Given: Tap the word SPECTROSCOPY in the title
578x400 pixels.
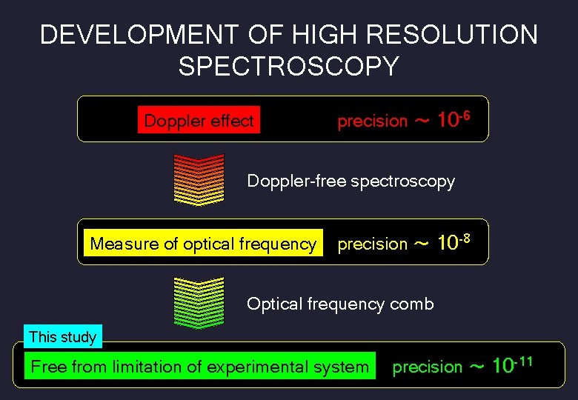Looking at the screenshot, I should (x=288, y=67).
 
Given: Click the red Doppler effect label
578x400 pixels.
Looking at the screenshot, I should (x=199, y=121).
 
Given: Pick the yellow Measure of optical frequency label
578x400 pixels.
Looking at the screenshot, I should (x=203, y=244).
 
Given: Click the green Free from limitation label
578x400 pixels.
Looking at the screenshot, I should (x=199, y=367).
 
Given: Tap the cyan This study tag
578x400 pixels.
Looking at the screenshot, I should (x=62, y=337).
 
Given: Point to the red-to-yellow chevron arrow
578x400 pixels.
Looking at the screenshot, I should (x=198, y=179).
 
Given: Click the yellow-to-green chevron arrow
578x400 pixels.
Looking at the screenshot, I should (x=198, y=302).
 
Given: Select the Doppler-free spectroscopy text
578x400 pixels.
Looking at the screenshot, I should (x=351, y=181).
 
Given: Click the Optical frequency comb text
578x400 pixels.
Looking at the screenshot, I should (x=340, y=304).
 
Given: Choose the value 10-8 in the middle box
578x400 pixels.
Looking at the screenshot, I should (x=454, y=242).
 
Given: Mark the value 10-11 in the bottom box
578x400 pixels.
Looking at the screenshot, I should (x=512, y=364).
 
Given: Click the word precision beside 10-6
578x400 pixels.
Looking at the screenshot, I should (x=372, y=121).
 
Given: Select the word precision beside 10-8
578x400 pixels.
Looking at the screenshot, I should (x=372, y=244).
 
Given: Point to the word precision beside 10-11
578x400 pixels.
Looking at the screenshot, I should (x=427, y=367).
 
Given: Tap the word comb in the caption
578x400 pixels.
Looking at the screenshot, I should (x=413, y=304).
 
